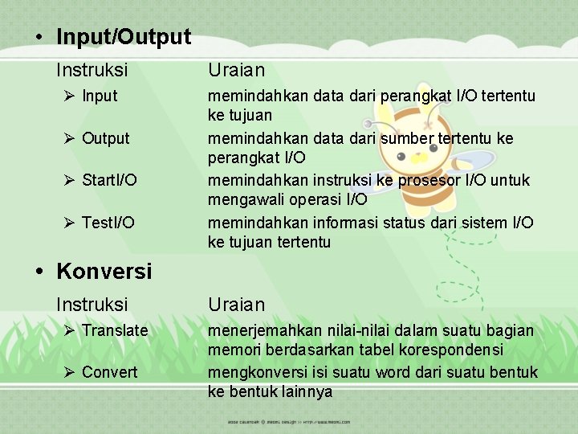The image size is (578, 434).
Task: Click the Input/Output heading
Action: (124, 37)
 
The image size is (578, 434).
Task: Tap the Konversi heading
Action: (104, 271)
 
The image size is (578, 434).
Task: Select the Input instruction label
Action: (100, 96)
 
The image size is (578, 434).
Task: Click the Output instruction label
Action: (105, 138)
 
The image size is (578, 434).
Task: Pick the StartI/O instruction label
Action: (109, 180)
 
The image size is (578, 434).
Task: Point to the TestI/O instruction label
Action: (108, 222)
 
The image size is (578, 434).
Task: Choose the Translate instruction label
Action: (115, 330)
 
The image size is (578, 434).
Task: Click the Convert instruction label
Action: (109, 372)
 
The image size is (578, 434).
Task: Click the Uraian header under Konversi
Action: (236, 305)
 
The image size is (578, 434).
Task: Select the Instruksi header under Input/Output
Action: (92, 71)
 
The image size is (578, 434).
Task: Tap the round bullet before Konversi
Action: (39, 271)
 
